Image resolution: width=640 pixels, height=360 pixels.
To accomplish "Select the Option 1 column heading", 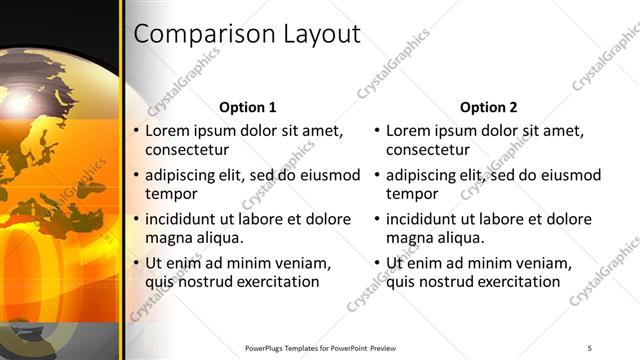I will (247, 107).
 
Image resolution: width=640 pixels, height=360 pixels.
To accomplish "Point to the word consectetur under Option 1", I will (187, 150).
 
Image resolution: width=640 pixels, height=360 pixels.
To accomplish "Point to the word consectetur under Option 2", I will (428, 150).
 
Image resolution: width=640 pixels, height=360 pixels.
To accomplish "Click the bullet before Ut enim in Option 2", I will (377, 263).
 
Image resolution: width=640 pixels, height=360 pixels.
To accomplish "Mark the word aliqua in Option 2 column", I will (459, 238).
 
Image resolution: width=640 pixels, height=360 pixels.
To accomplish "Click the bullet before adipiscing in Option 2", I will (377, 175).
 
